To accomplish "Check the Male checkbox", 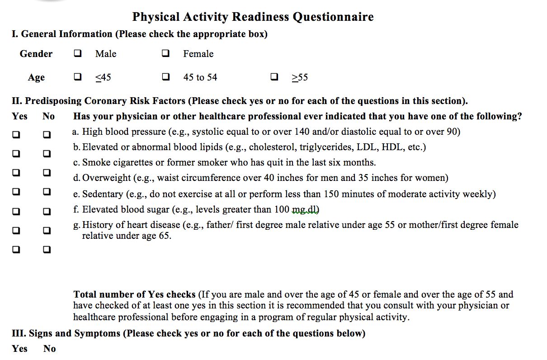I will [78, 54].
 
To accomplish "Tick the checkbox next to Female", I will [165, 54].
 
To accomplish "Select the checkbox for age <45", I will [78, 77].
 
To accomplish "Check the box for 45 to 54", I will [165, 77].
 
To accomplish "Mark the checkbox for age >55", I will [274, 77].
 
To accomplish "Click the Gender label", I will [36, 54].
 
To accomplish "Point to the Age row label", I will [36, 77].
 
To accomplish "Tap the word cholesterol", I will [270, 147].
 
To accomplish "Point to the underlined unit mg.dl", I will [306, 209].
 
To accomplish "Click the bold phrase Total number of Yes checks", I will [135, 294].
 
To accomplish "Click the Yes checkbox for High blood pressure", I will [16, 134].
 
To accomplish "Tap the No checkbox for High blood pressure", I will [47, 134].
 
